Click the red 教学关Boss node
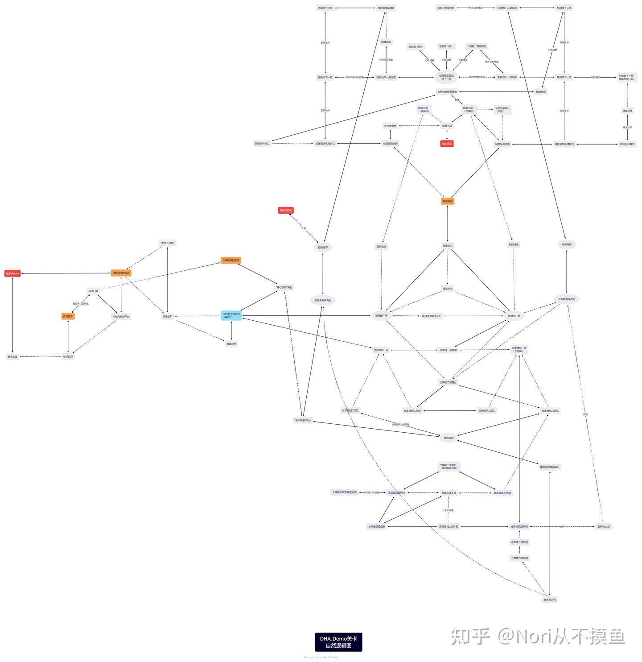[12, 273]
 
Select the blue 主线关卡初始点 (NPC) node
[231, 315]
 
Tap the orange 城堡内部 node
[447, 201]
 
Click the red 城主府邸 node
[447, 144]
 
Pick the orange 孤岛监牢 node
[68, 316]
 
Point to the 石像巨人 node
[447, 246]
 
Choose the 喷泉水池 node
[447, 289]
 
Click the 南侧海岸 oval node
[448, 438]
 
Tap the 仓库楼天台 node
[549, 600]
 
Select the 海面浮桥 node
[231, 344]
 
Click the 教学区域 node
[12, 357]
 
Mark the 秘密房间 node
[540, 92]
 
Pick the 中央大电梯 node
[390, 126]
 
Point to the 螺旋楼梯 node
[627, 111]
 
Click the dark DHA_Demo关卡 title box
[338, 642]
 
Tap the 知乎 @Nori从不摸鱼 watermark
[537, 636]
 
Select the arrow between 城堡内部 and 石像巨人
[447, 223]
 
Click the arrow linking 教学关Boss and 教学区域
[12, 315]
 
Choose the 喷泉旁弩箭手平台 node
[431, 316]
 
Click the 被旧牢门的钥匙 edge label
[81, 304]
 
